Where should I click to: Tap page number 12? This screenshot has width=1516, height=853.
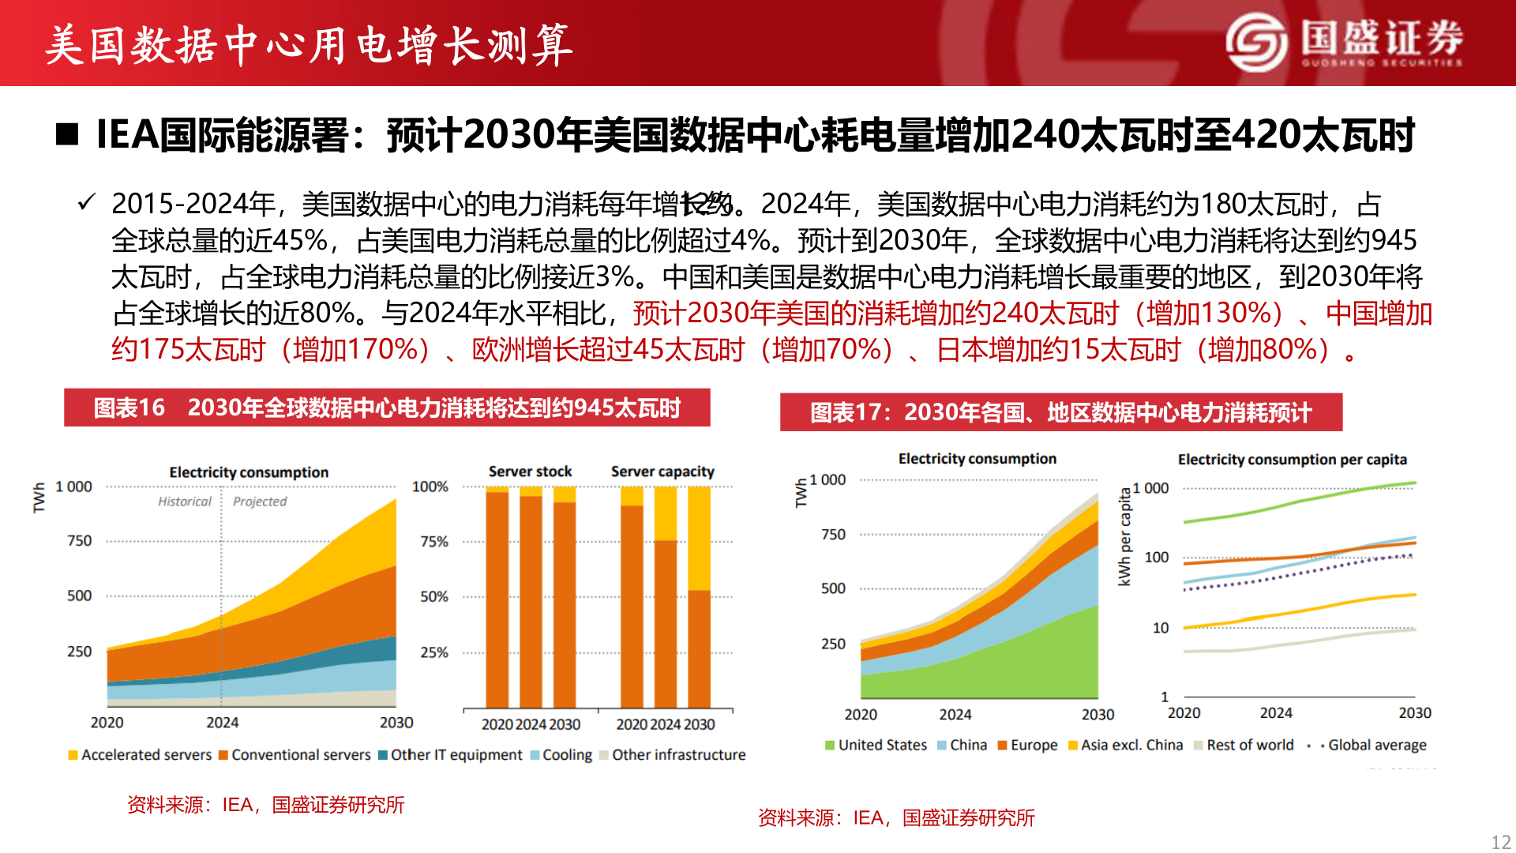coord(1500,842)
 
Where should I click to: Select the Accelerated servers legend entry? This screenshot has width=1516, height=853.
coord(140,755)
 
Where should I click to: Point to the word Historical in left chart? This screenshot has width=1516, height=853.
coord(184,502)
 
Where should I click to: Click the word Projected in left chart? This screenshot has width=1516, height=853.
coord(260,502)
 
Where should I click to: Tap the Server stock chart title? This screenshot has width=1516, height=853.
coord(530,472)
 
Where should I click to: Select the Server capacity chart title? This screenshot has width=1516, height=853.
coord(662,472)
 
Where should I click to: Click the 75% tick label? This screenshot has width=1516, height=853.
coord(433,542)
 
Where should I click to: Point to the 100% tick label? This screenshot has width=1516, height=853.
coord(430,487)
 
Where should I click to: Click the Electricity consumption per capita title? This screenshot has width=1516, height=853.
coord(1292,460)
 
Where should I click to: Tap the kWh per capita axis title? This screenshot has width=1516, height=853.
coord(1124,537)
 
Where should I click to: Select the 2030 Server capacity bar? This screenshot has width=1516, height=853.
coord(699,598)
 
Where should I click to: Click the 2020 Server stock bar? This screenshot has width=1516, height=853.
coord(497,598)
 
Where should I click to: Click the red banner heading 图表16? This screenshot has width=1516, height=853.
coord(387,408)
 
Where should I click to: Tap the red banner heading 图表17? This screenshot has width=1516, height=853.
coord(1060,413)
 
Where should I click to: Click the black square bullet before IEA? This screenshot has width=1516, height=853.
coord(67,135)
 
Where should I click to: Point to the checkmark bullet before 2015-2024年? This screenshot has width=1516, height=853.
coord(86,202)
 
